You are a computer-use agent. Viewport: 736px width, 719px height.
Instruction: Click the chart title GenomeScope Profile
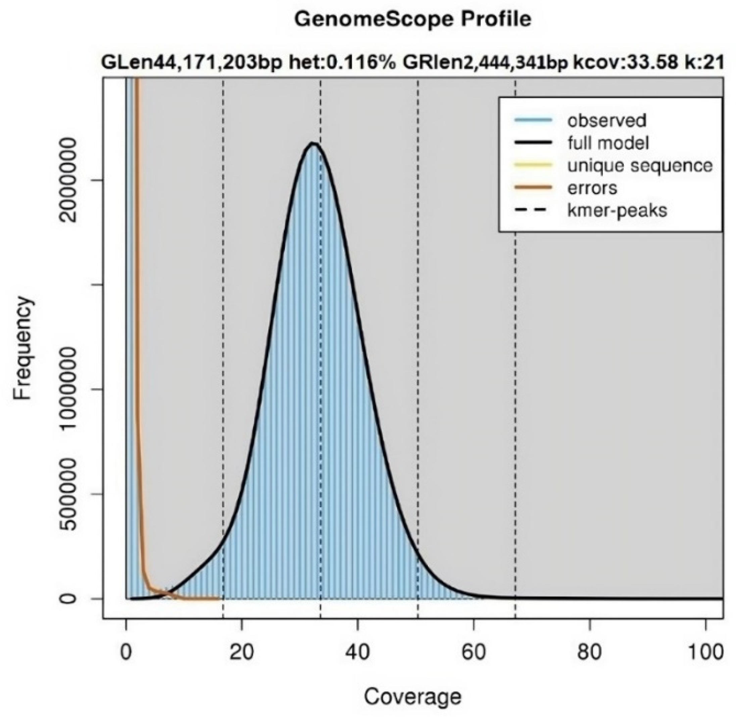coord(412,19)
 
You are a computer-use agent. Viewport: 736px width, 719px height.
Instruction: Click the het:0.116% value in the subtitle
coord(342,62)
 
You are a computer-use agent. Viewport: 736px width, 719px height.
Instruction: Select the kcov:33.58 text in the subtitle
coord(625,62)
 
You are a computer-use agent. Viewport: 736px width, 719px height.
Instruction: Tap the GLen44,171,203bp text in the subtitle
coord(192,62)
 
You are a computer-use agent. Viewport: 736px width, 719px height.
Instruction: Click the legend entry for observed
coord(606,121)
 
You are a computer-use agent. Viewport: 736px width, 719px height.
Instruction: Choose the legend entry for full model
coord(608,143)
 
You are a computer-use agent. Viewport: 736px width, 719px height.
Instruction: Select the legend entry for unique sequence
coord(640,165)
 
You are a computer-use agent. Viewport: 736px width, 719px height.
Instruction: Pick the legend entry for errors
coord(592,188)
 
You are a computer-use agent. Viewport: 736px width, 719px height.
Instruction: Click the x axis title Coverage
coord(412,696)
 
